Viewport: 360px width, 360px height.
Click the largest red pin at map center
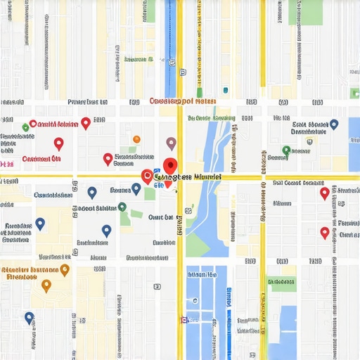(x=169, y=167)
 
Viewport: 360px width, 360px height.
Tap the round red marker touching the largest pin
(x=147, y=176)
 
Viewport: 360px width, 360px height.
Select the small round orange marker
(x=136, y=139)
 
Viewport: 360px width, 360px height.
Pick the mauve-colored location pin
(x=171, y=143)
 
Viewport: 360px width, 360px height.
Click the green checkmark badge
(x=26, y=127)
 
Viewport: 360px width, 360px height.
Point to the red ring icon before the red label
(x=33, y=124)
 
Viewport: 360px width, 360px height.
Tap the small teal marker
(x=225, y=90)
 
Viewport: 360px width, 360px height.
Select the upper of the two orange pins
(x=65, y=269)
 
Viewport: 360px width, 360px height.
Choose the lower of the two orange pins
(x=46, y=285)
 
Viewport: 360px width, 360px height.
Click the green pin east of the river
(x=286, y=150)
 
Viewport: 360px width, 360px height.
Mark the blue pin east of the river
(x=334, y=124)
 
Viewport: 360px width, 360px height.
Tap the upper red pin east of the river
(x=324, y=193)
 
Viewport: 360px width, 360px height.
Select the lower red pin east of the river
(x=324, y=232)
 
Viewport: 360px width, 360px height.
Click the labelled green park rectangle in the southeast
(x=283, y=283)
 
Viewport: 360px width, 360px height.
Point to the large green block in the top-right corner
(x=305, y=12)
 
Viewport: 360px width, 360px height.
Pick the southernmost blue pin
(x=29, y=318)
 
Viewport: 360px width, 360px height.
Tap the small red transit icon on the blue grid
(x=184, y=320)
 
